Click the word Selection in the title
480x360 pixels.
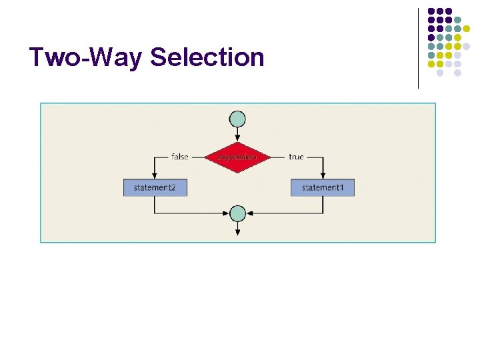click(x=207, y=57)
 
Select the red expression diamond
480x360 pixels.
click(x=237, y=157)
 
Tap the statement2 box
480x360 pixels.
click(x=155, y=187)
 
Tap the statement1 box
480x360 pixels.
click(x=323, y=187)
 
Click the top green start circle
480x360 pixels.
click(x=237, y=119)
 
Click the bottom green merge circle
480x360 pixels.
click(x=237, y=213)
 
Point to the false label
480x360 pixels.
click(x=180, y=157)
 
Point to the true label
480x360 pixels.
click(x=296, y=157)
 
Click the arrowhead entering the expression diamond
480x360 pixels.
click(x=237, y=138)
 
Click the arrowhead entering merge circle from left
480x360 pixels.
click(x=226, y=213)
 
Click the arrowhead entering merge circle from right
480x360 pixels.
click(x=249, y=213)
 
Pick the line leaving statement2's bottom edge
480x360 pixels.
click(x=155, y=205)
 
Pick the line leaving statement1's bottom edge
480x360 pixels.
click(x=323, y=205)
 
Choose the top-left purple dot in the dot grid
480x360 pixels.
click(x=431, y=11)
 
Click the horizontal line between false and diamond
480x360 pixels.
click(x=197, y=157)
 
